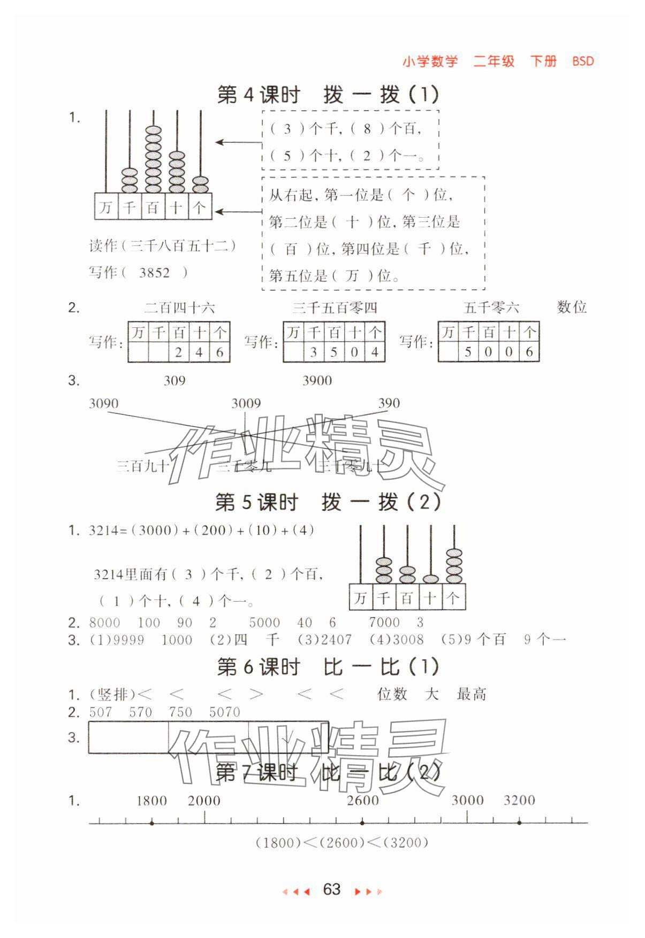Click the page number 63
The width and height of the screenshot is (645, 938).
[x=331, y=889]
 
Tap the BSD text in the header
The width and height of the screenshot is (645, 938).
[x=582, y=61]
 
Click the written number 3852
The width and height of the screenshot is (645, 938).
[x=154, y=273]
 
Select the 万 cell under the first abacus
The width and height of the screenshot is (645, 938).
[x=105, y=206]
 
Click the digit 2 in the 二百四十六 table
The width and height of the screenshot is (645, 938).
[x=179, y=352]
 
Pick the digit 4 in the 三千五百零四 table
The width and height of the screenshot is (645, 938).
[x=375, y=352]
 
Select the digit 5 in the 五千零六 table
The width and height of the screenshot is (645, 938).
[x=468, y=352]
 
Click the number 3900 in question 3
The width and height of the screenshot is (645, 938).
[x=317, y=381]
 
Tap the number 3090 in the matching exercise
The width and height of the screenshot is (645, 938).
[x=104, y=403]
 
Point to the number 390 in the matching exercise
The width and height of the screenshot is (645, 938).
[x=389, y=403]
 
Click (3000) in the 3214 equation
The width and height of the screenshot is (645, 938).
[x=155, y=530]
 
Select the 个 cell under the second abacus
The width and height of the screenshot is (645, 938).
[x=453, y=597]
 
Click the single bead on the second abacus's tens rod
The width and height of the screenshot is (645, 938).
[x=430, y=579]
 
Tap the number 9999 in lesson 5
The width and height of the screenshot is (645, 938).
[x=129, y=640]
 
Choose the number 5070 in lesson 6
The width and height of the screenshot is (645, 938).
[x=225, y=712]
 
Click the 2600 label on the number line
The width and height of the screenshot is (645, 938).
[x=362, y=801]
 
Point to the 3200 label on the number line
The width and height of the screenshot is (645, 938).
[x=519, y=801]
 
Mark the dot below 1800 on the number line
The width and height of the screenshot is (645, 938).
[x=152, y=823]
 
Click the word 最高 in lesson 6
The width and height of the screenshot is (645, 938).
[x=471, y=695]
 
